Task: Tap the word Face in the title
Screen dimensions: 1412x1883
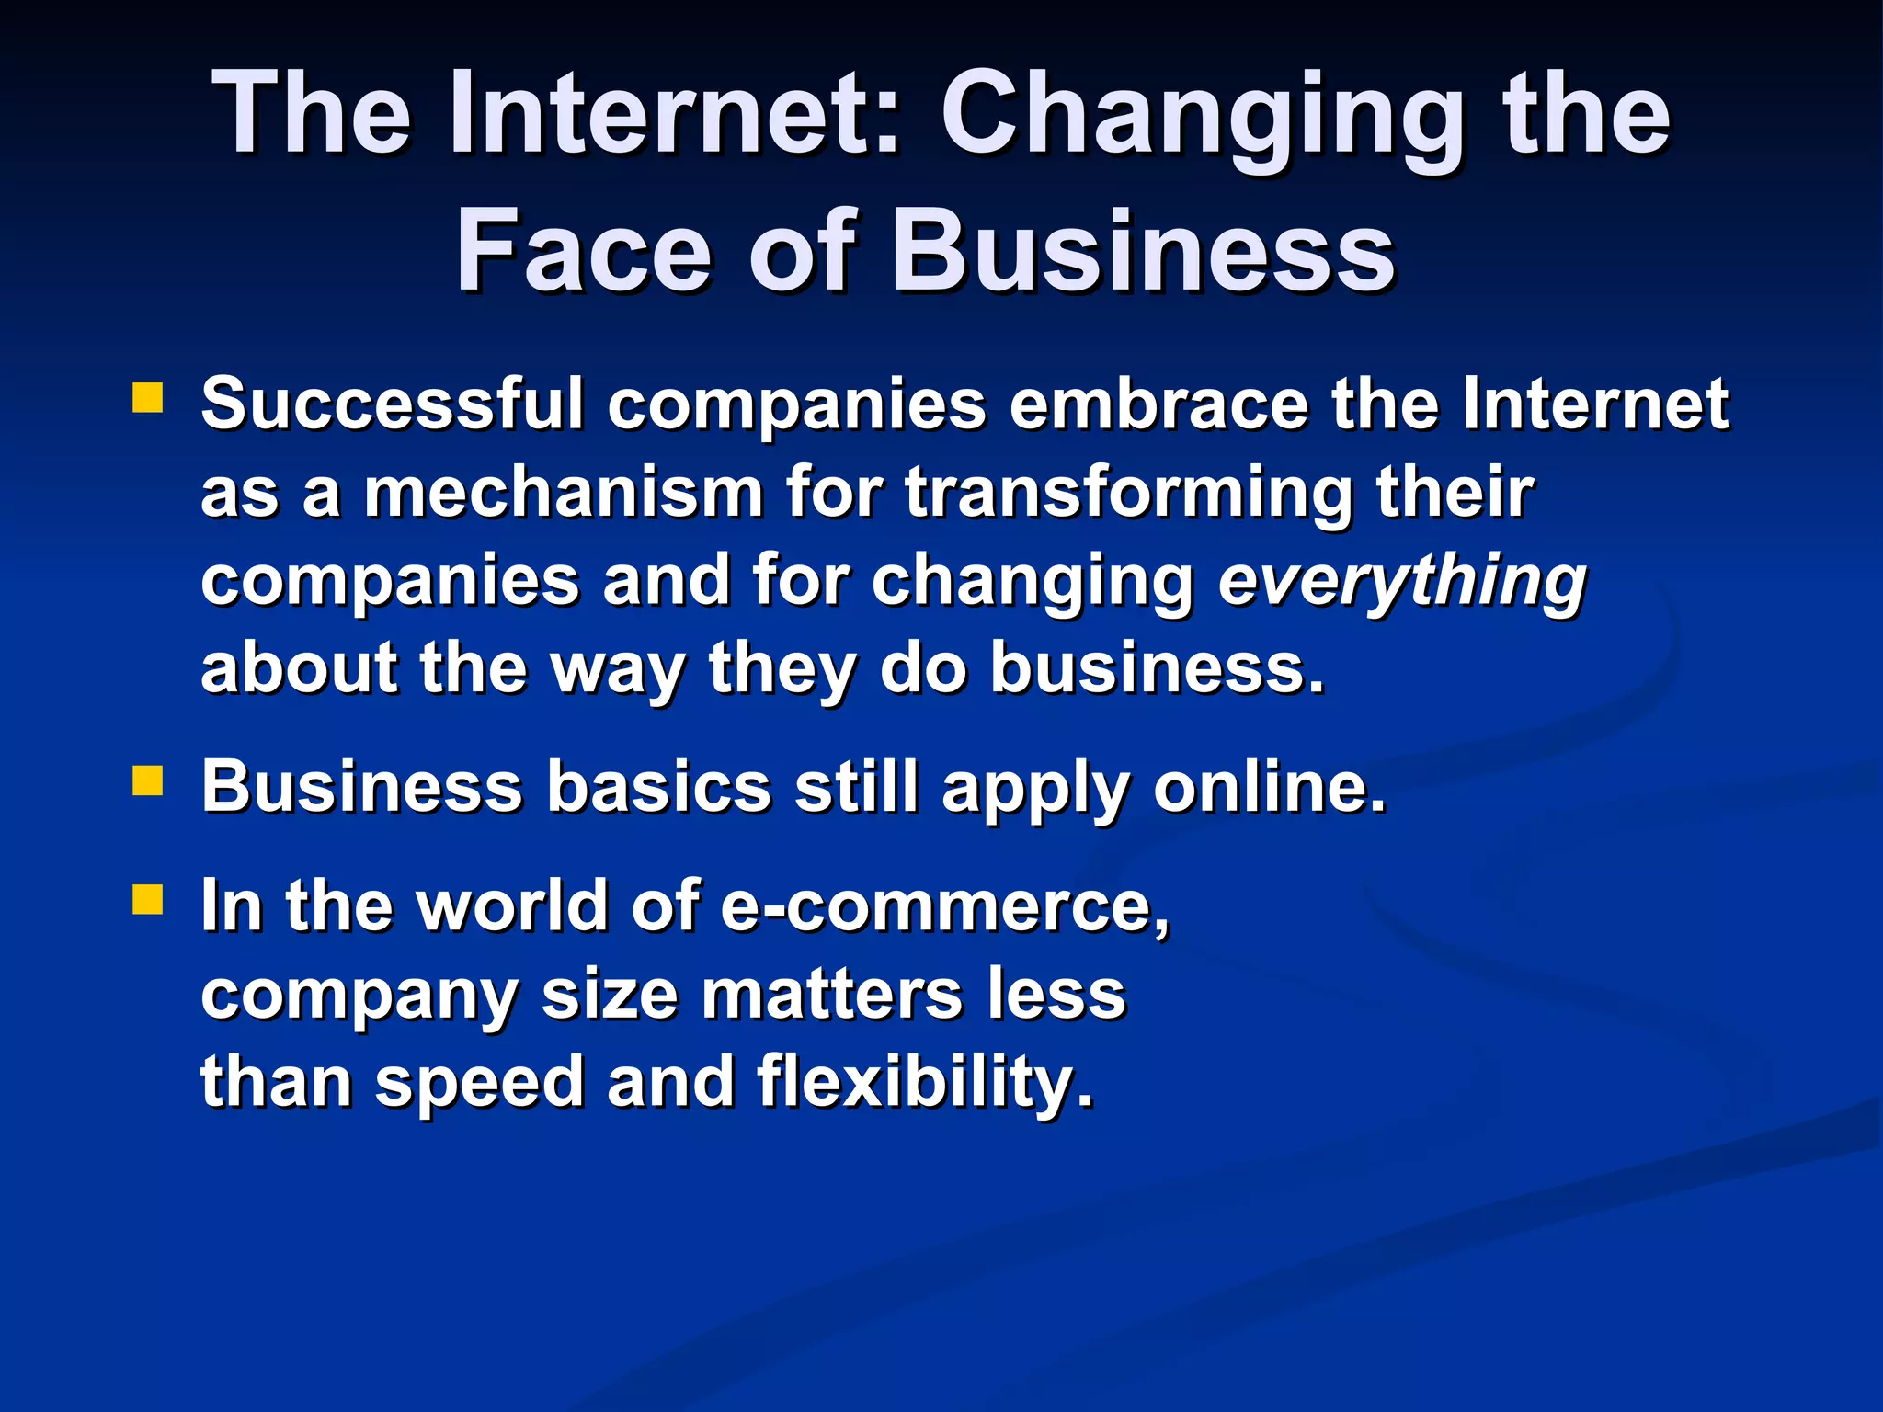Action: [x=584, y=251]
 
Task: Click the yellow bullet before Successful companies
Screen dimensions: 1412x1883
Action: [x=147, y=398]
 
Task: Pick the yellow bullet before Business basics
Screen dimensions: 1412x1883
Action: [x=147, y=781]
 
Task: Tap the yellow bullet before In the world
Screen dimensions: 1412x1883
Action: [x=147, y=899]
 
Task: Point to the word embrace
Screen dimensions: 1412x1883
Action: [x=1158, y=404]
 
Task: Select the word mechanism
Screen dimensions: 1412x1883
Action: [x=564, y=493]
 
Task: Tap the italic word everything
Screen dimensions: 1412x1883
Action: [x=1402, y=583]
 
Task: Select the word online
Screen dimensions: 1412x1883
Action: [x=1269, y=787]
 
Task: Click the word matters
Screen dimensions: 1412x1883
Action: [x=833, y=995]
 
